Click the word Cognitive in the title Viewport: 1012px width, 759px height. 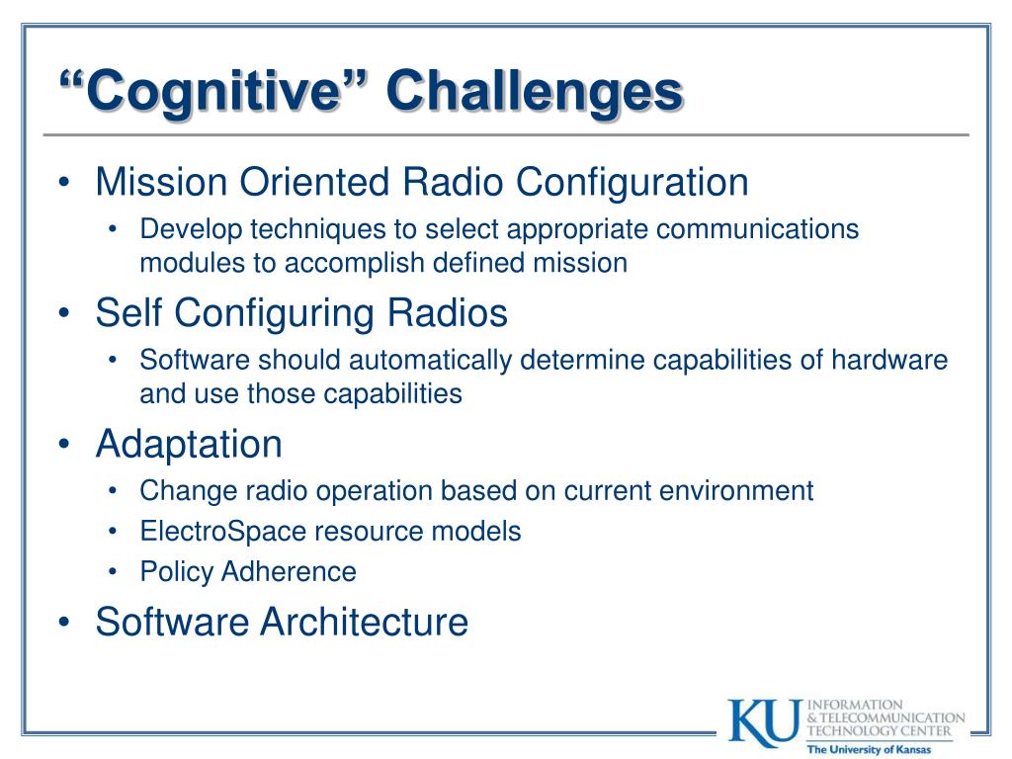pyautogui.click(x=212, y=92)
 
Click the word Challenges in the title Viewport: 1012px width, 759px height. pyautogui.click(x=535, y=92)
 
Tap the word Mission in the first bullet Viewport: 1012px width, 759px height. pyautogui.click(x=161, y=182)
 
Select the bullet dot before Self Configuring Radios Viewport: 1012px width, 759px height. pyautogui.click(x=63, y=313)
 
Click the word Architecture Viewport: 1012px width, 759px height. pyautogui.click(x=365, y=622)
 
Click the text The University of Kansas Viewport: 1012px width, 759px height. pyautogui.click(x=869, y=749)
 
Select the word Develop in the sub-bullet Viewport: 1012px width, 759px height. pyautogui.click(x=191, y=230)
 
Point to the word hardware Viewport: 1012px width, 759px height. pyautogui.click(x=889, y=360)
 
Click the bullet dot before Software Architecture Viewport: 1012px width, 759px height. pyautogui.click(x=63, y=622)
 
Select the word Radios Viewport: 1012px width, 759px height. pyautogui.click(x=448, y=313)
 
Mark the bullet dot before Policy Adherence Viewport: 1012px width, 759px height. pyautogui.click(x=113, y=572)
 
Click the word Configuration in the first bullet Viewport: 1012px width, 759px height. pyautogui.click(x=632, y=183)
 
